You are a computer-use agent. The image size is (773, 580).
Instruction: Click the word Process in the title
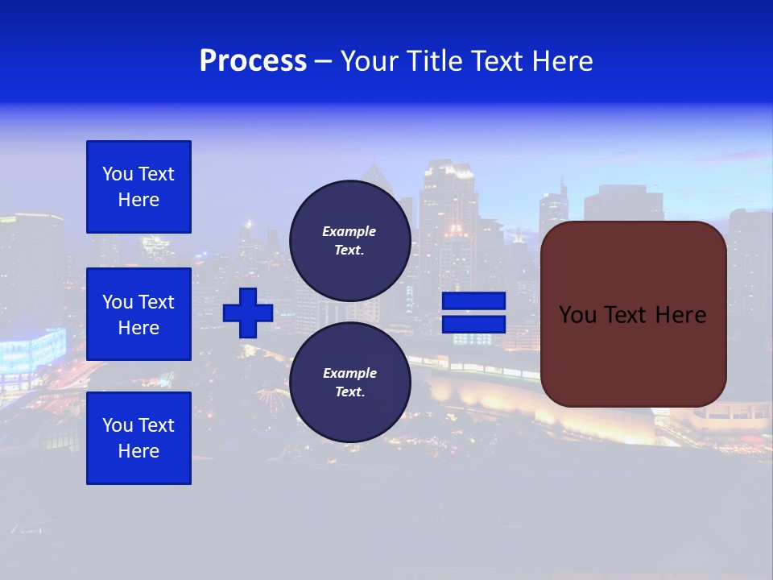253,61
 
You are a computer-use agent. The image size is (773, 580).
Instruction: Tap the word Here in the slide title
561,61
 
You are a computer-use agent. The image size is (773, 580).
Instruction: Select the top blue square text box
138,187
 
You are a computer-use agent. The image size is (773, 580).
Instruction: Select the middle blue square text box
138,314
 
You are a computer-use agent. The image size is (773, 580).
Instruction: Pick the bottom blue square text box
138,438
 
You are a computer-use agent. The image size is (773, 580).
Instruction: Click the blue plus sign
248,313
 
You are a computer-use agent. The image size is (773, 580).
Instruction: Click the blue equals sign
473,313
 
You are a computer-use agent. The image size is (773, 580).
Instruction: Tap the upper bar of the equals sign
473,301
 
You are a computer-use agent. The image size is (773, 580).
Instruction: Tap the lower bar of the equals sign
473,324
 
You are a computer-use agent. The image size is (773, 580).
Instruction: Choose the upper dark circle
349,241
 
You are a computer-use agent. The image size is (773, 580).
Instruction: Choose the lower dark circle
349,383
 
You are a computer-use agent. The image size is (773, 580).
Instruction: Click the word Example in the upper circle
349,232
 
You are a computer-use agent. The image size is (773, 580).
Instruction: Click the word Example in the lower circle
349,374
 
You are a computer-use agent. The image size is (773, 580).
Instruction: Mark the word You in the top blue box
117,174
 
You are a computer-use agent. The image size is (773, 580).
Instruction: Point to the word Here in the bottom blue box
138,451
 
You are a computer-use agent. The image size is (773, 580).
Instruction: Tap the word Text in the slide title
493,61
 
